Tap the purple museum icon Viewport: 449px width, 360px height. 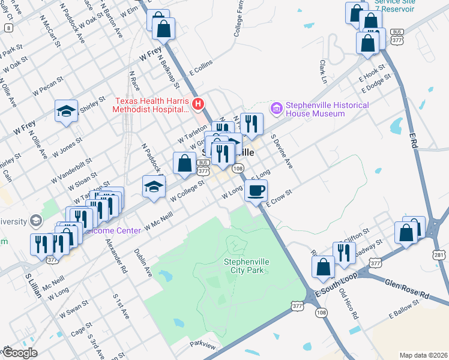pos(277,108)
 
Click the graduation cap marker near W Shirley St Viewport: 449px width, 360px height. pos(66,112)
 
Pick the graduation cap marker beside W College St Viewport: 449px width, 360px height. pos(154,187)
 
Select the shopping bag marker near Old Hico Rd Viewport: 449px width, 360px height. pos(324,269)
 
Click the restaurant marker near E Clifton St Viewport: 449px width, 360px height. pos(344,253)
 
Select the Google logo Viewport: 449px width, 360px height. pos(19,353)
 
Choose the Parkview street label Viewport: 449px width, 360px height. pos(202,344)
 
